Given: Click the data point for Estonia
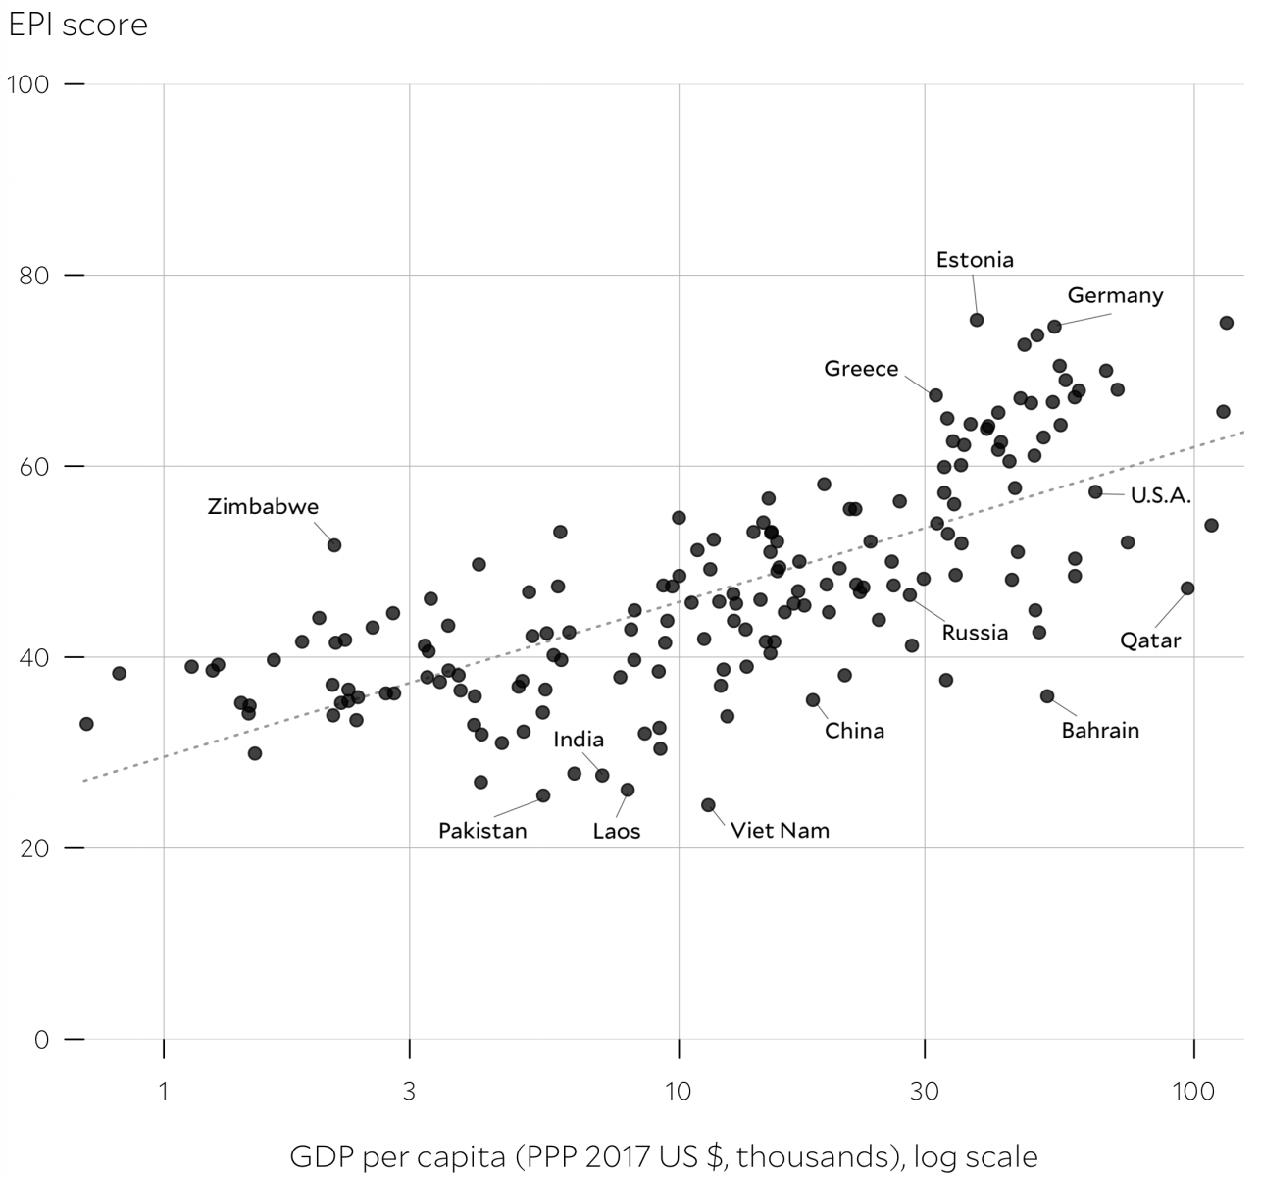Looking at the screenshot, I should [977, 320].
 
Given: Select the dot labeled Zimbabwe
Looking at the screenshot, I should [334, 545].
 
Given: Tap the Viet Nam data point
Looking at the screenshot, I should [708, 805].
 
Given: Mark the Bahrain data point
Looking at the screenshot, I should [1047, 696].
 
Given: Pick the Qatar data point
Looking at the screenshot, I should [1187, 588].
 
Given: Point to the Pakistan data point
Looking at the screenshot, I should [543, 795].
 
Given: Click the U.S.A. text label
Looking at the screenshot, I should [1161, 496].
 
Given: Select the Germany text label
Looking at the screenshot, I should [1115, 295].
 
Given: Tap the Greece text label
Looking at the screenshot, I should [861, 369].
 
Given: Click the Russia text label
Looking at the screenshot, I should [975, 633].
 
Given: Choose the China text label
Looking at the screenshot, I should [854, 731].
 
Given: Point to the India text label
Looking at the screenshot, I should [579, 740].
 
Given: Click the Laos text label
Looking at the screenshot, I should [616, 832].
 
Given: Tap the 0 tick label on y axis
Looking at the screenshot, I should [41, 1040].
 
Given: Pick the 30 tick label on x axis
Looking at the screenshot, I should [924, 1092].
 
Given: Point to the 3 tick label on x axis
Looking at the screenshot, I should [409, 1092].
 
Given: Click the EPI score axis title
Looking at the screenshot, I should [77, 24].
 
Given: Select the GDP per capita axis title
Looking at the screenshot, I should [664, 1156].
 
